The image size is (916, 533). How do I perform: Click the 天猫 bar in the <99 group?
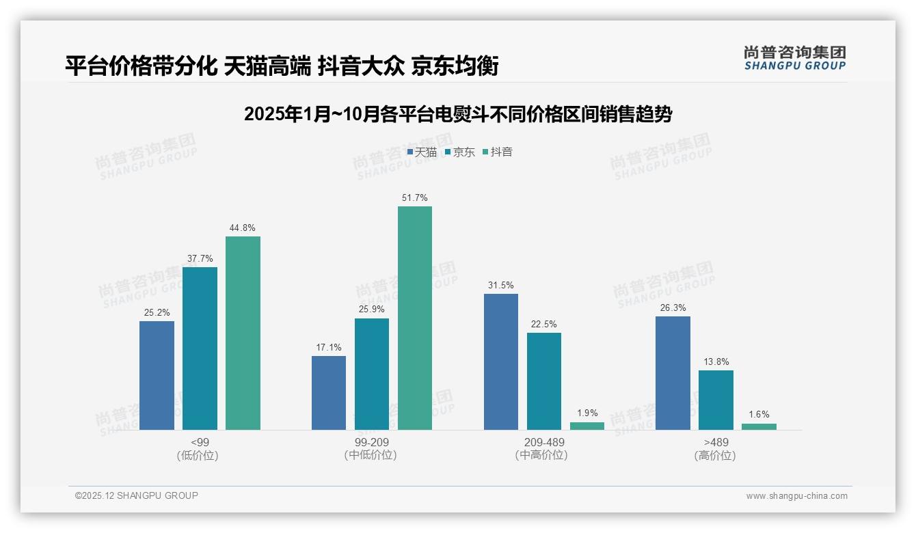[x=157, y=375]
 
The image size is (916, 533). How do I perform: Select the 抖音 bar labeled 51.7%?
[x=415, y=318]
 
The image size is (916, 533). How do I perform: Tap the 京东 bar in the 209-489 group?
[x=544, y=381]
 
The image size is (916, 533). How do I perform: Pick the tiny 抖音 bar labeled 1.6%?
[x=759, y=426]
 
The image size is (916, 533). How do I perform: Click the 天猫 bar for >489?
[x=673, y=373]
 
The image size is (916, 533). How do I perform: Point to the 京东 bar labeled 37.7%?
[x=200, y=348]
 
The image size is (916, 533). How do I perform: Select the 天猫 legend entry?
[x=422, y=152]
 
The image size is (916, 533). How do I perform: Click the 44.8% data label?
[x=243, y=228]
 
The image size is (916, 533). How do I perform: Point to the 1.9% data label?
[x=587, y=413]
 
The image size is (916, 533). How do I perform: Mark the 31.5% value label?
[x=501, y=286]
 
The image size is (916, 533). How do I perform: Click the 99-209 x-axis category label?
[x=372, y=443]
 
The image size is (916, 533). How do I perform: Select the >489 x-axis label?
[x=716, y=443]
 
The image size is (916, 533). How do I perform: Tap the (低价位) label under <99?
[x=200, y=456]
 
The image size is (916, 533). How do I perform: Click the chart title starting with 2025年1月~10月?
[x=458, y=114]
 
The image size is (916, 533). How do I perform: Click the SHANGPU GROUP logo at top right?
[x=794, y=58]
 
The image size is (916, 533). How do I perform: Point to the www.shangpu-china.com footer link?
[x=796, y=496]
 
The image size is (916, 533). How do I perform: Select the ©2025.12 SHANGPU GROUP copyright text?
[x=137, y=496]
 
